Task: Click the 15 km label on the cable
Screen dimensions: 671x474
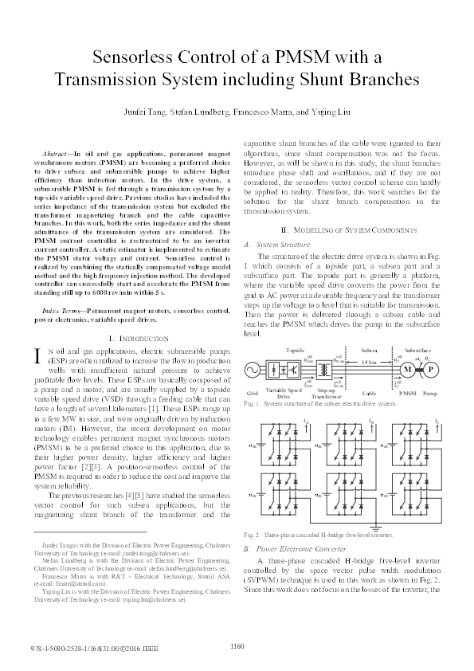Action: click(x=369, y=363)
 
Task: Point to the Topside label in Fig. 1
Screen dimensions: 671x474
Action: click(x=296, y=349)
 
